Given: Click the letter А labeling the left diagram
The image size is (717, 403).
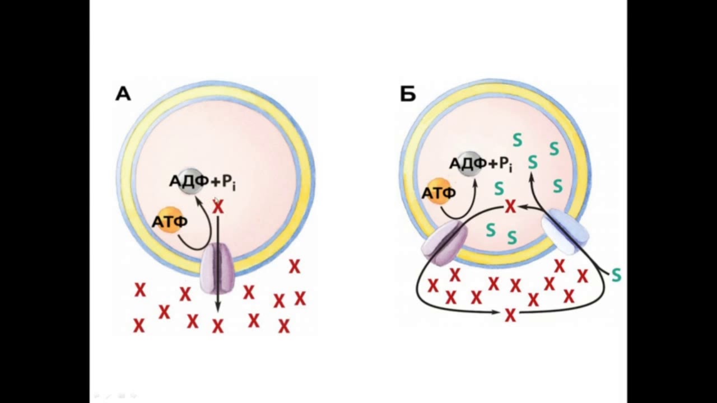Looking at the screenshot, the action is (123, 95).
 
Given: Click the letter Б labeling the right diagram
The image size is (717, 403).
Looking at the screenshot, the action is (408, 94).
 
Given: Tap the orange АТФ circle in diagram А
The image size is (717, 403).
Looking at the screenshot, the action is (171, 220).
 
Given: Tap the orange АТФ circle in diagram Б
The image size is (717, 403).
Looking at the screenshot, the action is (438, 191).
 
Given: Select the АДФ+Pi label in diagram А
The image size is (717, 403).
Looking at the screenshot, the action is (203, 182).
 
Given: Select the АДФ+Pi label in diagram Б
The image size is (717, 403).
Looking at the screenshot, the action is (481, 165).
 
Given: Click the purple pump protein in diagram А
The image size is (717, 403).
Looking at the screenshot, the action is (217, 268).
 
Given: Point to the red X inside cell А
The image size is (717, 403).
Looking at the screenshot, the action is (218, 207).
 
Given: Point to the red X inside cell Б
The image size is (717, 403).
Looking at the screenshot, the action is (510, 207).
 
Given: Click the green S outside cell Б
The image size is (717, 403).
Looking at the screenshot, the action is (616, 275).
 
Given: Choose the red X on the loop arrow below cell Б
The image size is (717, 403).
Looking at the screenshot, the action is (510, 315).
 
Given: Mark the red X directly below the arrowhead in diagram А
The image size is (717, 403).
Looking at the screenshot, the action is (218, 326).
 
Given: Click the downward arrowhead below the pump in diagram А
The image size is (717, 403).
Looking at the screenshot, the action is (218, 308).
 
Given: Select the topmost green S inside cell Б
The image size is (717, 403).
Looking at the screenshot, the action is (517, 140).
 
